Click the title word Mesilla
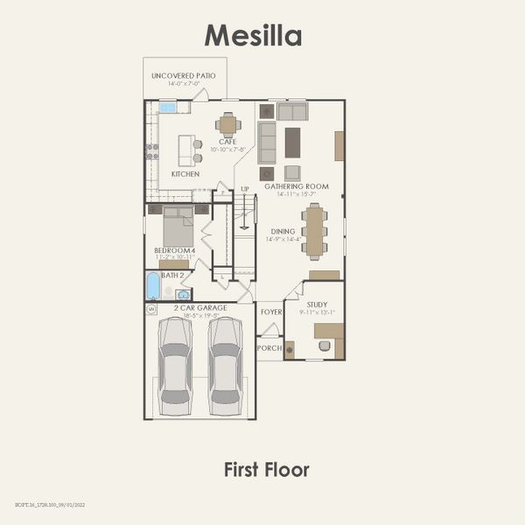[253, 35]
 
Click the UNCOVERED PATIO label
[183, 76]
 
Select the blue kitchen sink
[168, 107]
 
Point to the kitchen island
[185, 150]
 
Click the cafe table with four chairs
[228, 125]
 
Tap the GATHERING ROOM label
[297, 186]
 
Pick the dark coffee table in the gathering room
[292, 142]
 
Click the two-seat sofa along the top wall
[292, 111]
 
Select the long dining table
[315, 231]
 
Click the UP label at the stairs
[245, 189]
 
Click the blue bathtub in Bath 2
[154, 285]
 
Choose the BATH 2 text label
[173, 275]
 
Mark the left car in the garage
[175, 366]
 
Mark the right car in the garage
[226, 366]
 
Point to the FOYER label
[270, 310]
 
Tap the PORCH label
[269, 347]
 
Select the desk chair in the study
[325, 346]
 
